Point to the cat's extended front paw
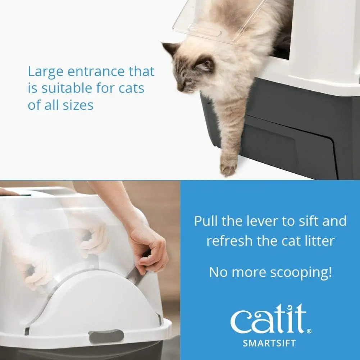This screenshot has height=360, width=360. (228, 166)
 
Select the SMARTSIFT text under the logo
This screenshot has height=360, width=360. (269, 343)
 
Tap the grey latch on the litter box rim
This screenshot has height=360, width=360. (106, 336)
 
